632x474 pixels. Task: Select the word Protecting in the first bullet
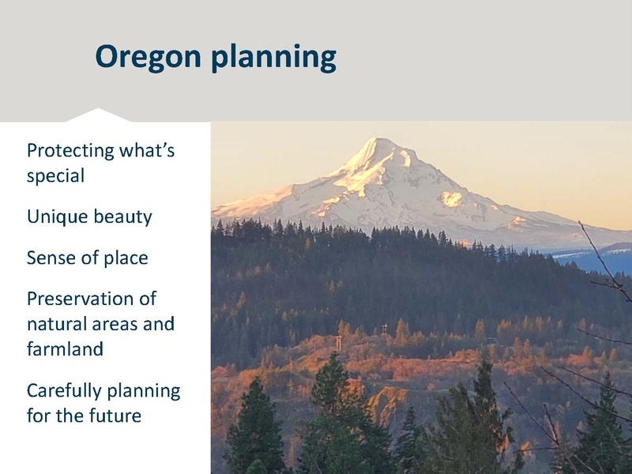pos(66,150)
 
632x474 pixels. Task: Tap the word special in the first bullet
pos(55,176)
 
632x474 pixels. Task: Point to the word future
pos(114,415)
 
